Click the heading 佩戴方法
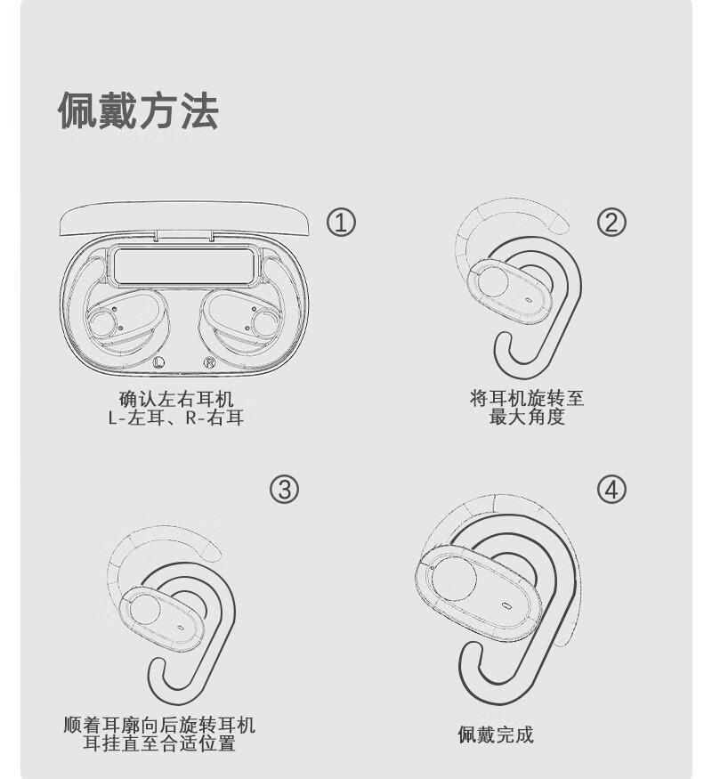point(139,110)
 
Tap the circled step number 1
point(341,222)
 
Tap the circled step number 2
point(611,222)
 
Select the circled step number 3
point(284,490)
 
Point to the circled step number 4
point(611,490)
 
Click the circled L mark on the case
point(158,362)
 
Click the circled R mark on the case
point(209,362)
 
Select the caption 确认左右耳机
point(176,399)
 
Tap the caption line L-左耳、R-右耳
point(176,418)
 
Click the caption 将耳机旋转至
point(527,398)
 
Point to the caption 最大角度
point(527,417)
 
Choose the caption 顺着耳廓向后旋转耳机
point(159,725)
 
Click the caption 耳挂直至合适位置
point(159,743)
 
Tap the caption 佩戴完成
point(496,734)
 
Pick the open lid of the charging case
point(184,219)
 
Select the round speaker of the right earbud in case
point(267,323)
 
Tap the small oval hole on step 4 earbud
point(507,605)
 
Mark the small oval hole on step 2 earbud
point(528,300)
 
